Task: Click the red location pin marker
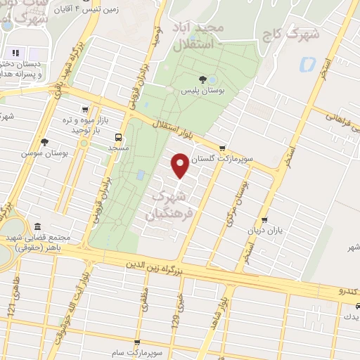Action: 181,166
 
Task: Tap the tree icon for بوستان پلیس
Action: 202,79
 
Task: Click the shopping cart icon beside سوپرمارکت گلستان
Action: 223,148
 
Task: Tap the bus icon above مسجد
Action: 117,138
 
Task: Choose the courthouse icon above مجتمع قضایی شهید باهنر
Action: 37,226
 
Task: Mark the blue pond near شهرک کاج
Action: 307,65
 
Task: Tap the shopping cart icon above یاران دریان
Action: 264,219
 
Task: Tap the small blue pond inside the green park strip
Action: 141,174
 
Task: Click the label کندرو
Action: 349,290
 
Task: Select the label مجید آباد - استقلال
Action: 196,34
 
